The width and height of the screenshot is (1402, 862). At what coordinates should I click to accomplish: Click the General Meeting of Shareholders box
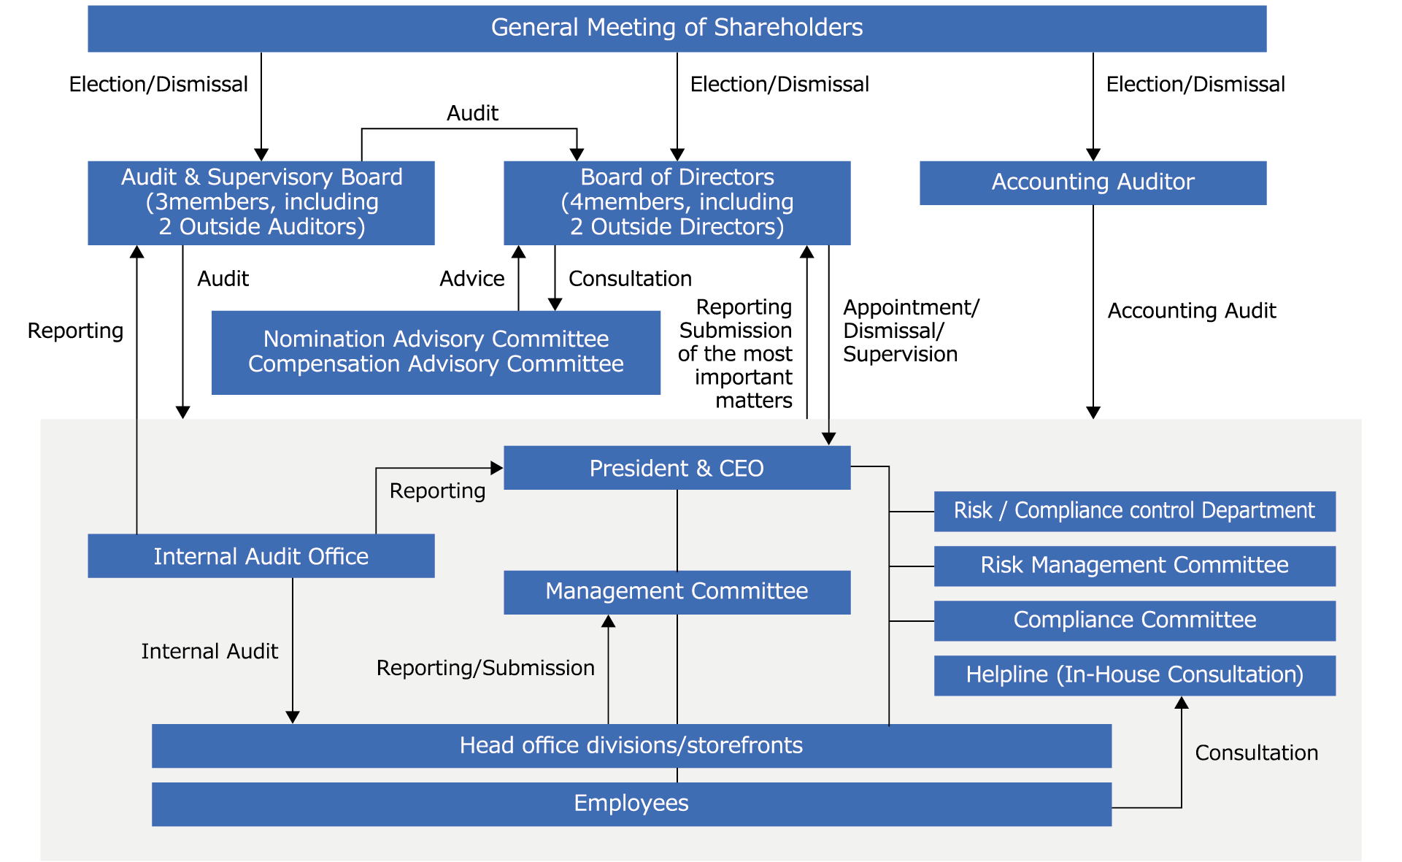click(677, 28)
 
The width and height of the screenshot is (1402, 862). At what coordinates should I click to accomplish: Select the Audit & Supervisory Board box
click(261, 202)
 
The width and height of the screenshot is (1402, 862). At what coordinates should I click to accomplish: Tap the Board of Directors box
click(677, 202)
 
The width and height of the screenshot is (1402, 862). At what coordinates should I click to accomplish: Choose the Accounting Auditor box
click(1093, 182)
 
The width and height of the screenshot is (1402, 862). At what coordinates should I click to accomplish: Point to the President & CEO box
click(677, 468)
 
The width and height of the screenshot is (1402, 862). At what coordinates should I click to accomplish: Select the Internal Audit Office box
click(261, 556)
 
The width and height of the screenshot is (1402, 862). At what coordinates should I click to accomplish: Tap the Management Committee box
click(677, 591)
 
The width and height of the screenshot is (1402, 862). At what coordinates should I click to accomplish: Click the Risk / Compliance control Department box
click(1134, 511)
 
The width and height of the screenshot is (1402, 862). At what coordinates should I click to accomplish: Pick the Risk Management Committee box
click(1134, 566)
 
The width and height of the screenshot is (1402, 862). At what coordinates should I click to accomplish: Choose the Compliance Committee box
click(1134, 620)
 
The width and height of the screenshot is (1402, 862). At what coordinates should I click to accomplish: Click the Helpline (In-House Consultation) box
click(1134, 675)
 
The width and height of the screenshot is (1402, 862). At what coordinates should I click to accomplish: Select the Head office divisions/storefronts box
click(631, 745)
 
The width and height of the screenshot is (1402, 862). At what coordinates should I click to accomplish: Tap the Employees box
click(631, 804)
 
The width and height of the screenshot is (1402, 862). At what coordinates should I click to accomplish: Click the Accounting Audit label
click(1191, 311)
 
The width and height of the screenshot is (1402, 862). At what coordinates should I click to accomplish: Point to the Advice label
click(471, 279)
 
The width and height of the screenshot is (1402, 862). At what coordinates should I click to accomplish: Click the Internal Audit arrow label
click(209, 651)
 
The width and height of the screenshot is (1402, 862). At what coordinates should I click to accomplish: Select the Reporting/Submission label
click(485, 668)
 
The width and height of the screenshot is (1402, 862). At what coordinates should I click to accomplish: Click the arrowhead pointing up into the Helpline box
click(1182, 703)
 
